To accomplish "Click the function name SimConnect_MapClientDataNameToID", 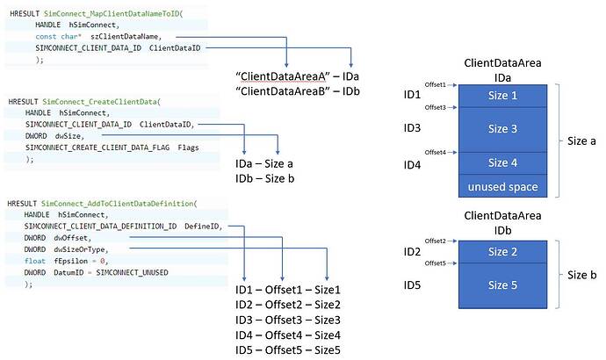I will (x=112, y=15).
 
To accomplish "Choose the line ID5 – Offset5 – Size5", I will (x=287, y=349).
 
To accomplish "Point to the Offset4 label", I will (x=435, y=152).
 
